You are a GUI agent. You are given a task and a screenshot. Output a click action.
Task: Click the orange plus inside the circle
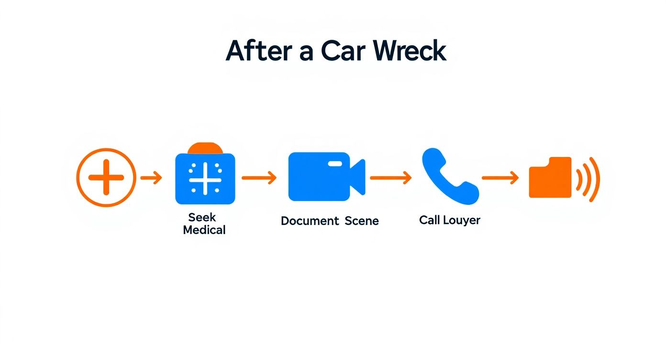coord(106,178)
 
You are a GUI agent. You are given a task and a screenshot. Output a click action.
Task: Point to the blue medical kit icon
coord(205,179)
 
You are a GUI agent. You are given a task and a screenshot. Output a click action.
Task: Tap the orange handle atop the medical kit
coord(205,148)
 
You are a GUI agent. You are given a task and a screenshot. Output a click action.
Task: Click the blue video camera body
coord(318,177)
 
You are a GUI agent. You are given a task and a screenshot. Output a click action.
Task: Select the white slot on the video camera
coord(335,164)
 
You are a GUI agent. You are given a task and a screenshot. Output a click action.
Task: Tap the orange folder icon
coord(550,178)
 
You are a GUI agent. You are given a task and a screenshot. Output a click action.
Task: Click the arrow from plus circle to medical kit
coord(151,178)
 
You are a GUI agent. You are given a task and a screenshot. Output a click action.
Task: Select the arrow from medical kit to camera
coord(259,178)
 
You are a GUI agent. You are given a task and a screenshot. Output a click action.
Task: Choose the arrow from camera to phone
coord(390,178)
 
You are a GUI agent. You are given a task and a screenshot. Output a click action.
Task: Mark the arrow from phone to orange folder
coord(500,178)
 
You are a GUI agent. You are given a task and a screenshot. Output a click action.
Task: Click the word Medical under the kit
coord(204,230)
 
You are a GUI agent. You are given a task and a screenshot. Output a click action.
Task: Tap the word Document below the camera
coord(310,221)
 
